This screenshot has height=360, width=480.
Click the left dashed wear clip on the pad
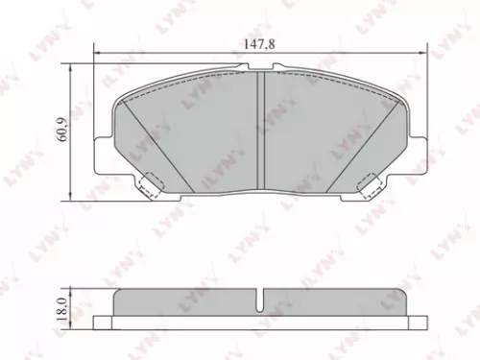150,181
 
